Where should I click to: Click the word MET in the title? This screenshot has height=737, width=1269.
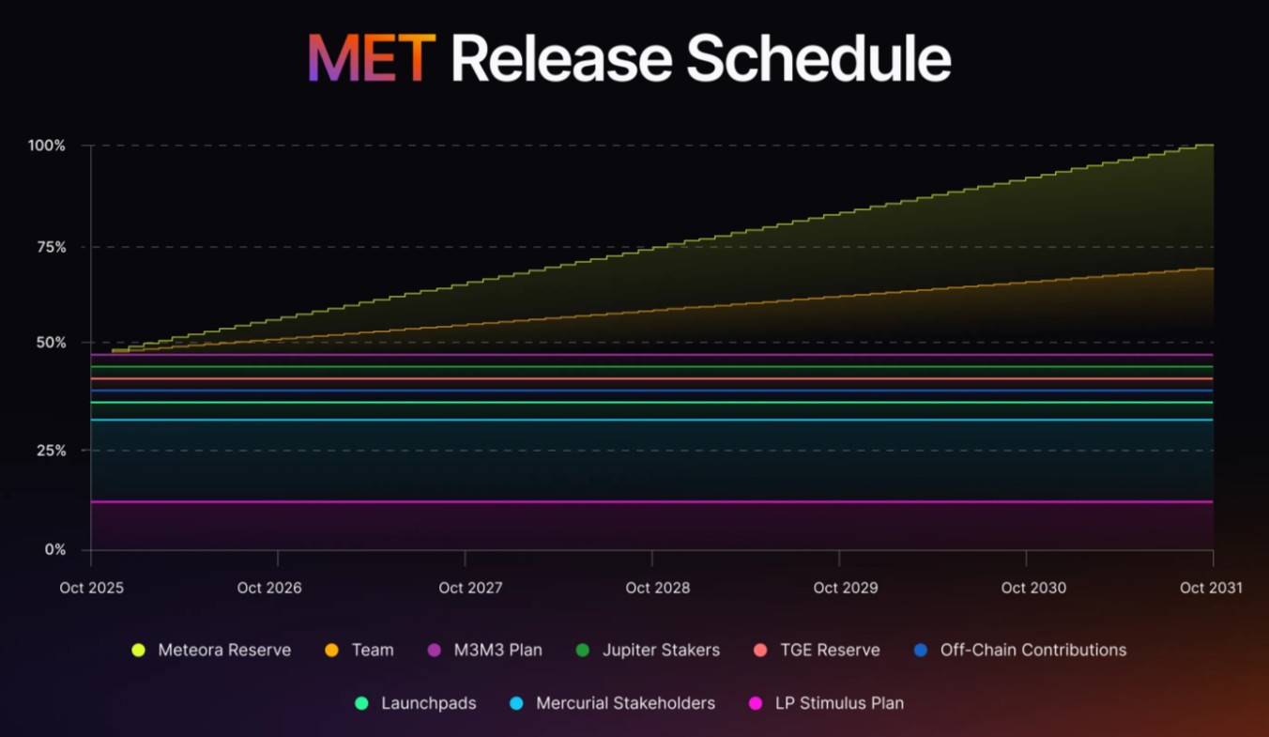[x=371, y=59]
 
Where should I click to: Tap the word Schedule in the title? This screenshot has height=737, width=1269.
[x=818, y=59]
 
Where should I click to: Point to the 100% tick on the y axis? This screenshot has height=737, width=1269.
[x=47, y=146]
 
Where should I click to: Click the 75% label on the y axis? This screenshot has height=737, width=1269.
[x=47, y=247]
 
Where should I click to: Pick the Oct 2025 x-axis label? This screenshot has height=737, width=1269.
[x=91, y=588]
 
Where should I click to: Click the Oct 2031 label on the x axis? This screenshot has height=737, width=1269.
[x=1211, y=588]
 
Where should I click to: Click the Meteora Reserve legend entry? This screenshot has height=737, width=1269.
[x=224, y=650]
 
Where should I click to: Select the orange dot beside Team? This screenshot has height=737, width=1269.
[x=331, y=650]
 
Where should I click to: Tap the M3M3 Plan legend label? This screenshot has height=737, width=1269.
[x=497, y=650]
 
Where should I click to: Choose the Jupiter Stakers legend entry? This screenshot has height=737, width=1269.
[x=661, y=650]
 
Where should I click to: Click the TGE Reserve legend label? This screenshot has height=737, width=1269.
[x=830, y=650]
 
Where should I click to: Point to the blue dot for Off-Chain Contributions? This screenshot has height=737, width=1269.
[x=921, y=650]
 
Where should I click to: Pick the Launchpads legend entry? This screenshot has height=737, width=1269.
[x=428, y=703]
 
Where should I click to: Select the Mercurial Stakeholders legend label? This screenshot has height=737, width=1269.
[x=625, y=703]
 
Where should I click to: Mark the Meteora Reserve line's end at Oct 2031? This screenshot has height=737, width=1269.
[x=1212, y=146]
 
